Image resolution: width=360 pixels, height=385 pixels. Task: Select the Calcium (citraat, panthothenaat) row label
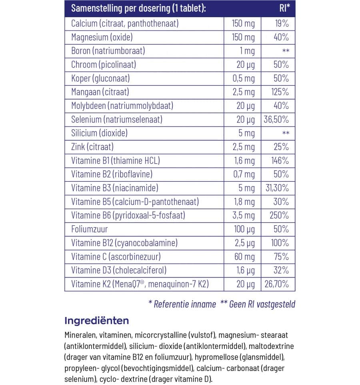click(124, 23)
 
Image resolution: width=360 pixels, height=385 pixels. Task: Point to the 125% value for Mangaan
click(279, 92)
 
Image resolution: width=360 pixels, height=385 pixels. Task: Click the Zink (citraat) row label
click(92, 147)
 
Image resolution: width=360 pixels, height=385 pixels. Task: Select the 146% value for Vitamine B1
click(279, 160)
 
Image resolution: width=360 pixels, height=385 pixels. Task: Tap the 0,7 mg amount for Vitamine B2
click(243, 174)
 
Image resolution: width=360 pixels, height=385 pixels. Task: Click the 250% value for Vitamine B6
click(279, 215)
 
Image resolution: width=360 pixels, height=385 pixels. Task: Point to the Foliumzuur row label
click(90, 229)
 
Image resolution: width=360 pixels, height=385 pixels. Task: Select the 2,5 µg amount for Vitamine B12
click(243, 243)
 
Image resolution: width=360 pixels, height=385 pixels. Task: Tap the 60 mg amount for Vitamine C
click(244, 257)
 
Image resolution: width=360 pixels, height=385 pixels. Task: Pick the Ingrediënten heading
click(96, 321)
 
